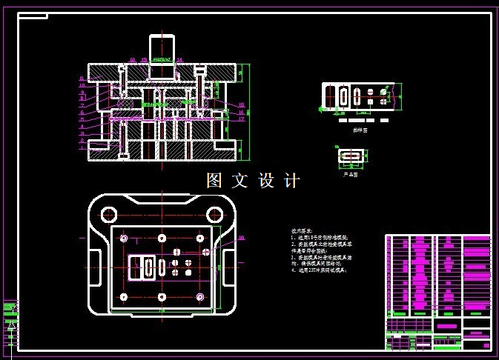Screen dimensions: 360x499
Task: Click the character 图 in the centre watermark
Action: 215,180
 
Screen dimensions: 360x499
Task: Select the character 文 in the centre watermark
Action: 240,180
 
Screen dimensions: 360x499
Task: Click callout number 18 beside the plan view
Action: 241,238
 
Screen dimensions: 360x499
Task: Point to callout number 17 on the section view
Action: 242,119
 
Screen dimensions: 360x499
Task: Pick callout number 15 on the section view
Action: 242,105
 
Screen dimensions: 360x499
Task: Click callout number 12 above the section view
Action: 133,60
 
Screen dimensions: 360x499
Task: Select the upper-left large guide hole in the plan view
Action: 109,214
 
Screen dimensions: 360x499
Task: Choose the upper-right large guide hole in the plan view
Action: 214,214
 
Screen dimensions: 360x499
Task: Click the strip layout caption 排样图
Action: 360,130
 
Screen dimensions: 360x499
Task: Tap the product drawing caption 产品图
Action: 350,175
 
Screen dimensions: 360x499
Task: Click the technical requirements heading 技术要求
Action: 301,231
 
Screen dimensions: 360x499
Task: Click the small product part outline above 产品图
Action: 350,156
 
